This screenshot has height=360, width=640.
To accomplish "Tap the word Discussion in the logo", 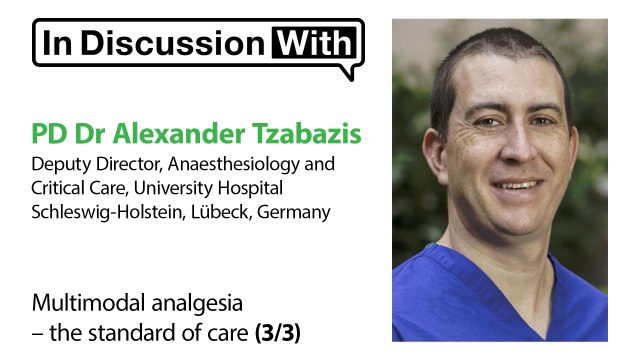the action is point(173,43).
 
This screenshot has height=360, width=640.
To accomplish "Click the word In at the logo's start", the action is point(58,43).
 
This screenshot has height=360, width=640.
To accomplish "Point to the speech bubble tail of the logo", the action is point(350,72).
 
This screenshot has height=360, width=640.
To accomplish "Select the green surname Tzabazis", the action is point(307,134).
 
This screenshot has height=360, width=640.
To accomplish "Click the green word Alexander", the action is point(179,134).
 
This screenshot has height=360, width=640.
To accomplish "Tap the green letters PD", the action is point(49,134).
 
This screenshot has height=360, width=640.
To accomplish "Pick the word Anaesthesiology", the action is point(233,164).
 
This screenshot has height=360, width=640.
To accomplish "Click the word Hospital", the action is point(250,188).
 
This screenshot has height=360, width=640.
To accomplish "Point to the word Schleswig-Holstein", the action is point(105,212).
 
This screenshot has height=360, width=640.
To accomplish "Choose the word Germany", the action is point(293,213).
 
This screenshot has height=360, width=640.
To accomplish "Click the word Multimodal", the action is point(89,303).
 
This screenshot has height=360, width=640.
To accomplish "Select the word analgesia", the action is point(197,304).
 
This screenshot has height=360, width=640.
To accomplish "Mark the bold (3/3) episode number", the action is point(278,333).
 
